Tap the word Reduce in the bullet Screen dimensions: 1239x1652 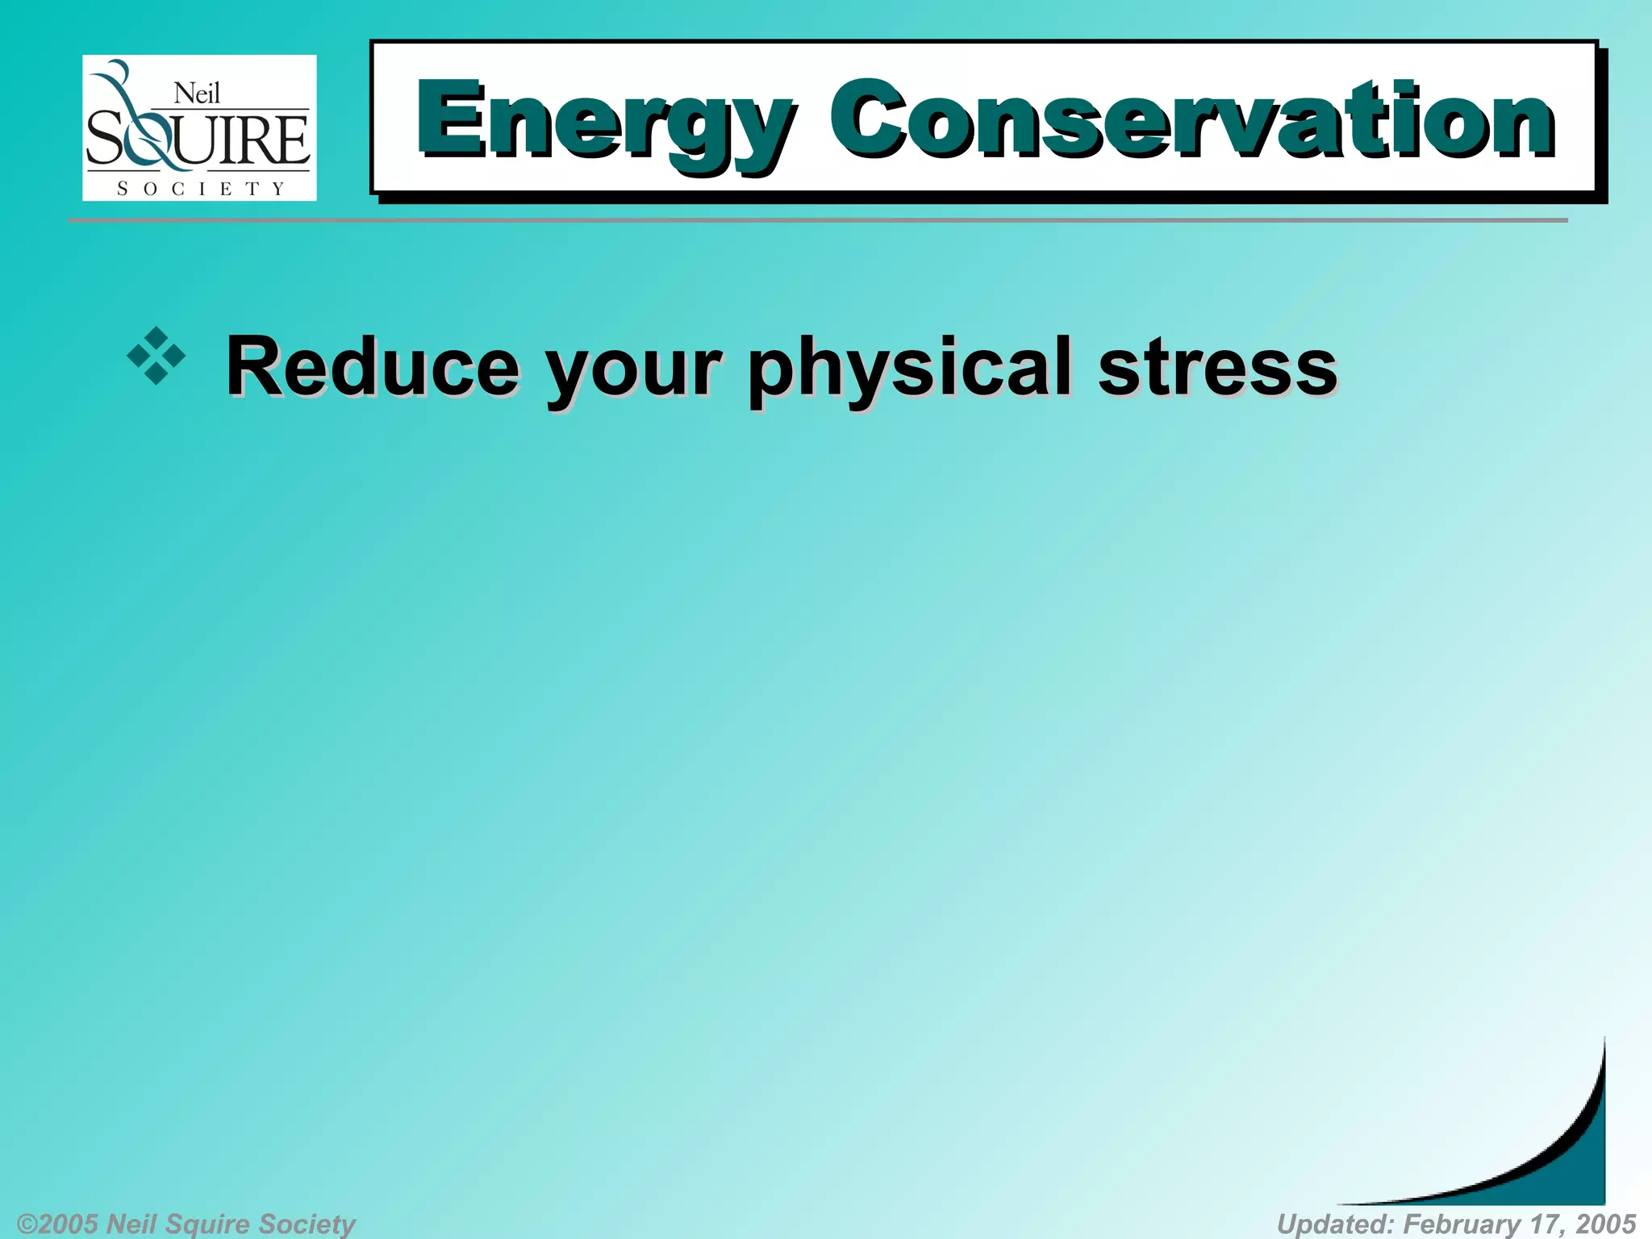click(x=373, y=367)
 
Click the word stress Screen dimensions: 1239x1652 click(x=1217, y=367)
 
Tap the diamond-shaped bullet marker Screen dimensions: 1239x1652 click(x=156, y=356)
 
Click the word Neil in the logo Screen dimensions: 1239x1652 click(x=197, y=94)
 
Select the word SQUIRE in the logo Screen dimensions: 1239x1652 click(x=198, y=140)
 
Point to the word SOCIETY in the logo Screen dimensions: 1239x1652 click(x=200, y=189)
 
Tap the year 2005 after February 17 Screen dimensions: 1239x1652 click(x=1605, y=1224)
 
